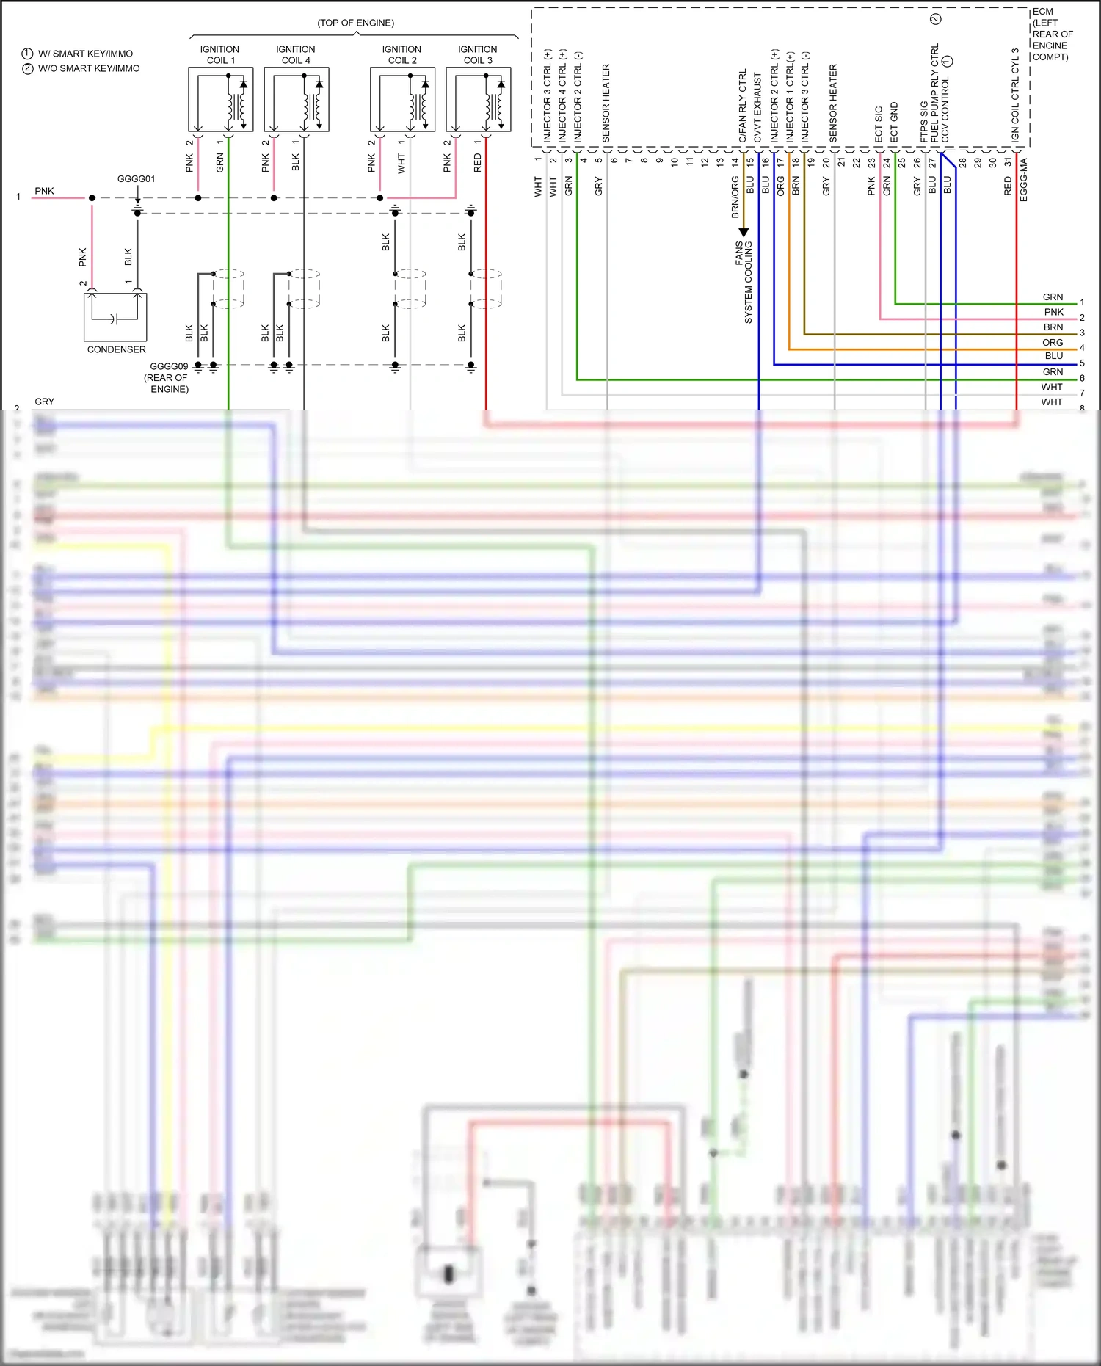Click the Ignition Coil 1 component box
coord(220,99)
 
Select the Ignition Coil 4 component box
coord(296,99)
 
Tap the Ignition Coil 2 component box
coord(402,99)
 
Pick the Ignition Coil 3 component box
coord(478,99)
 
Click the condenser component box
coord(115,316)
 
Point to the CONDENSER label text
coord(116,350)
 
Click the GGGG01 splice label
coord(136,179)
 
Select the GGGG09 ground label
coord(169,366)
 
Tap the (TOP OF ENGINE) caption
coord(355,23)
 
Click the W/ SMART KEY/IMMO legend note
coord(85,54)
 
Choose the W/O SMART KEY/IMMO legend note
coord(89,68)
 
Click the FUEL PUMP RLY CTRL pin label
coord(934,94)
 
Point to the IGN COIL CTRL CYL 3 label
coord(1015,95)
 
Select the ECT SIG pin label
coord(879,125)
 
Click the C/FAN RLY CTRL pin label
coord(742,106)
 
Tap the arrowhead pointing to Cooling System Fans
coord(743,233)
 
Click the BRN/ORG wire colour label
coord(735,197)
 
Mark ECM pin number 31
coord(1008,161)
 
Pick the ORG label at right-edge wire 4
coord(1053,343)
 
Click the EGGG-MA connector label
coord(1024,180)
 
